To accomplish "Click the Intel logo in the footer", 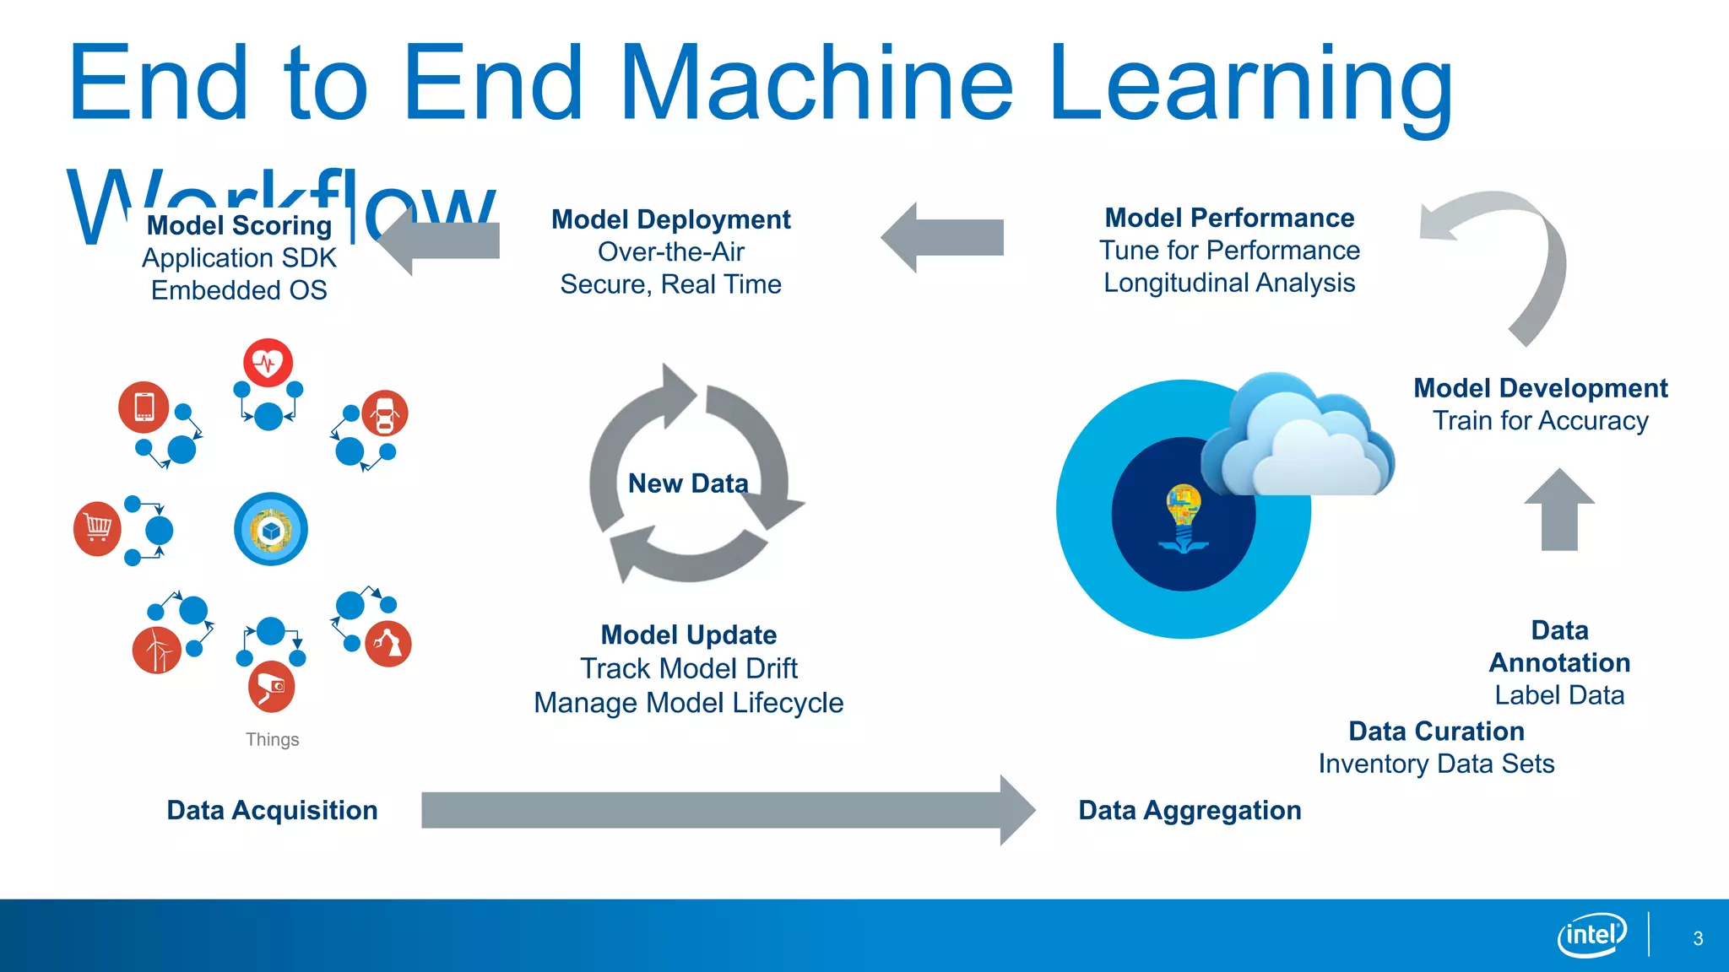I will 1591,935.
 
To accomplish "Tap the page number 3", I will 1698,938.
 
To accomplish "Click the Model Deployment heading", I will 670,219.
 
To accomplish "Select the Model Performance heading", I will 1229,218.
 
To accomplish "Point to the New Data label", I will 688,483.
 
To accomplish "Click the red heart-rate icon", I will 268,363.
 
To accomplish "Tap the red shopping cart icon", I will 98,529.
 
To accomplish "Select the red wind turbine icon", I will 157,650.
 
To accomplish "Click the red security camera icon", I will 271,688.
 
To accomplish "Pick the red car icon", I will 385,413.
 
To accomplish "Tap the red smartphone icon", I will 144,407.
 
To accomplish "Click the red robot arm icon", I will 388,644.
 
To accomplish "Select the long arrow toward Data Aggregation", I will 726,810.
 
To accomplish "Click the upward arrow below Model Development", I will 1559,511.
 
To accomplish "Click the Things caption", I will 272,740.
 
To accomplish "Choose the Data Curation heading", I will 1436,731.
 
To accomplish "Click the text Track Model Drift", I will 688,668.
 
